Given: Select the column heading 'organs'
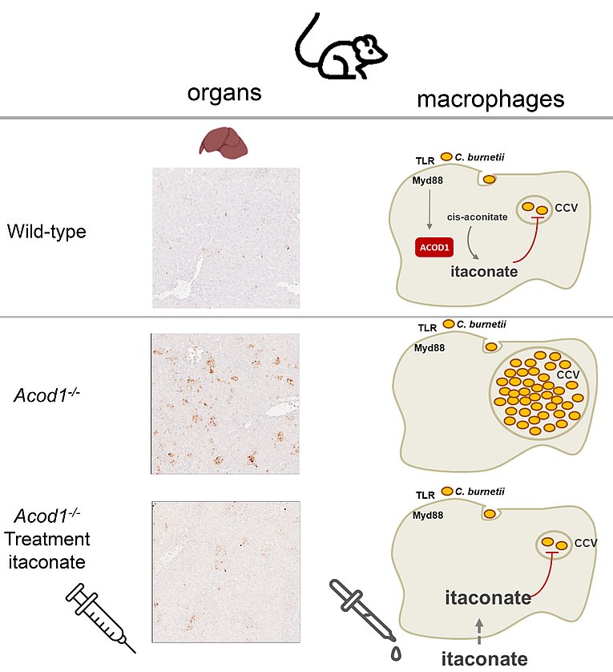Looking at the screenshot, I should (x=224, y=92).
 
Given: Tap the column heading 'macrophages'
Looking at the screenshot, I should (x=490, y=99).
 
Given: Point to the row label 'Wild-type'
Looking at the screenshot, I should (x=46, y=232).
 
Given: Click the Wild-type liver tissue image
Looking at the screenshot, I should (x=226, y=238).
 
